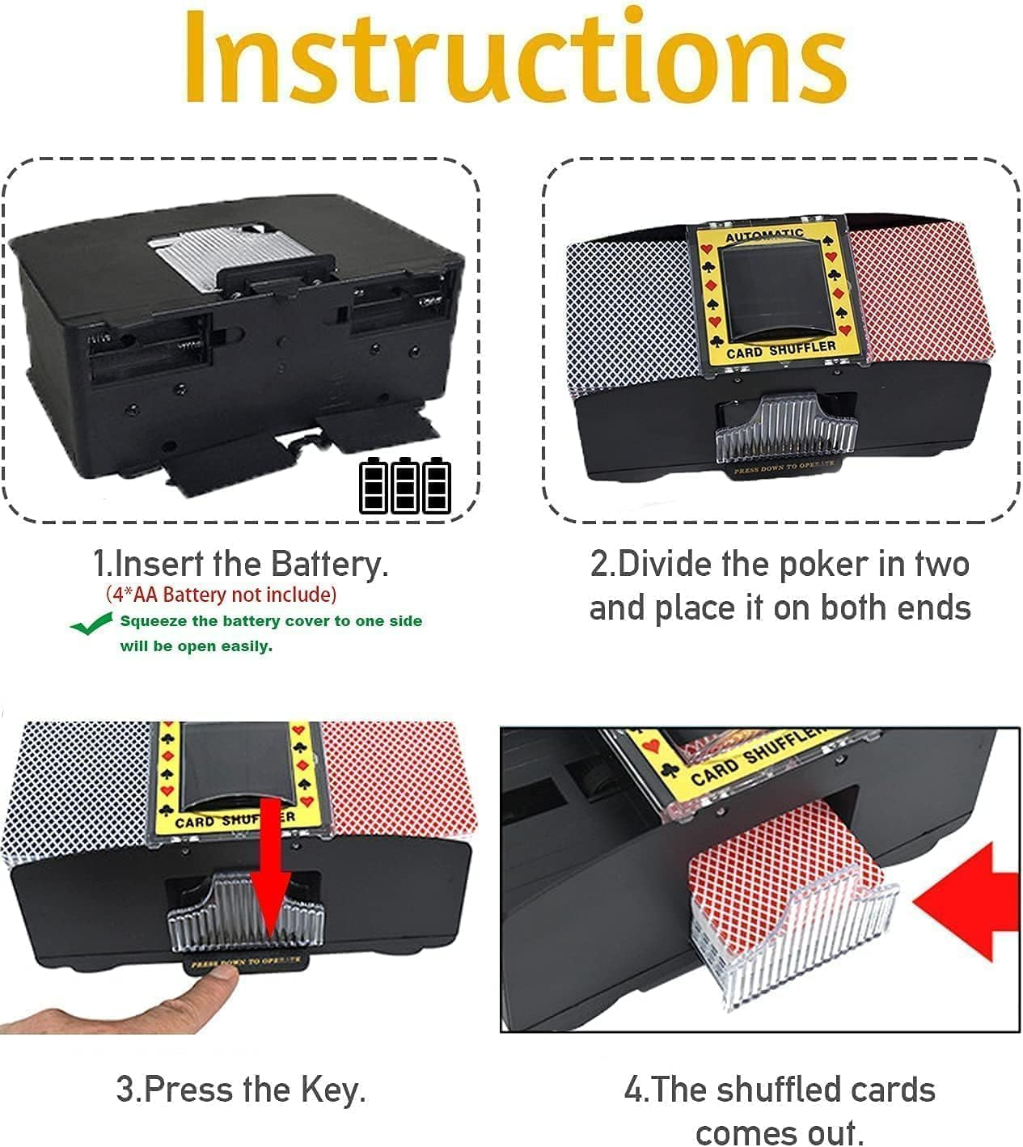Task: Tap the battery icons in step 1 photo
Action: click(405, 485)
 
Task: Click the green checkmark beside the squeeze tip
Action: click(91, 624)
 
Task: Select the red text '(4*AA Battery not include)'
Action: click(221, 595)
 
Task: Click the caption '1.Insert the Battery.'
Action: click(241, 563)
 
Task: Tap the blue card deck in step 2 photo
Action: click(627, 307)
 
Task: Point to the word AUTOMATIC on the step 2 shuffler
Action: click(764, 235)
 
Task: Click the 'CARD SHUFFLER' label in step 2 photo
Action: click(780, 349)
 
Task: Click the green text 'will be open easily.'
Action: click(197, 646)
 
